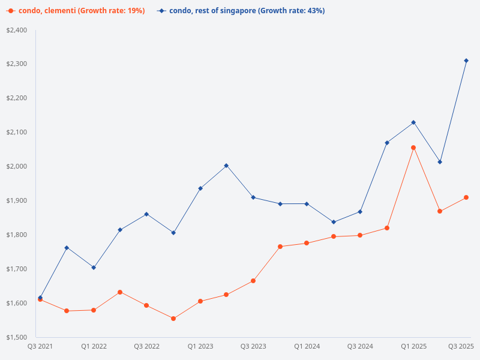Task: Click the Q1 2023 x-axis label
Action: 200,346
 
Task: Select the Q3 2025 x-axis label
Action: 461,346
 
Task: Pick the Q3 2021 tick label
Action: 40,346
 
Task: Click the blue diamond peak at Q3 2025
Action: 466,61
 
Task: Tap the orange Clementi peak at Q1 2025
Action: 413,148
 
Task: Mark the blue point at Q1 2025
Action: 413,122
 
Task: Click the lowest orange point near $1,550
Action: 173,319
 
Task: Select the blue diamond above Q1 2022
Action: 94,268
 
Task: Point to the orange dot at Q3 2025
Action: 466,197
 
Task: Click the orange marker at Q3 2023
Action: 253,281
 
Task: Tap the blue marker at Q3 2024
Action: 360,212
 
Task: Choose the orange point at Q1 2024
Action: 307,243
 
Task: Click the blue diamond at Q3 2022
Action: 146,214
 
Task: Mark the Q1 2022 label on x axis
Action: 94,346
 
